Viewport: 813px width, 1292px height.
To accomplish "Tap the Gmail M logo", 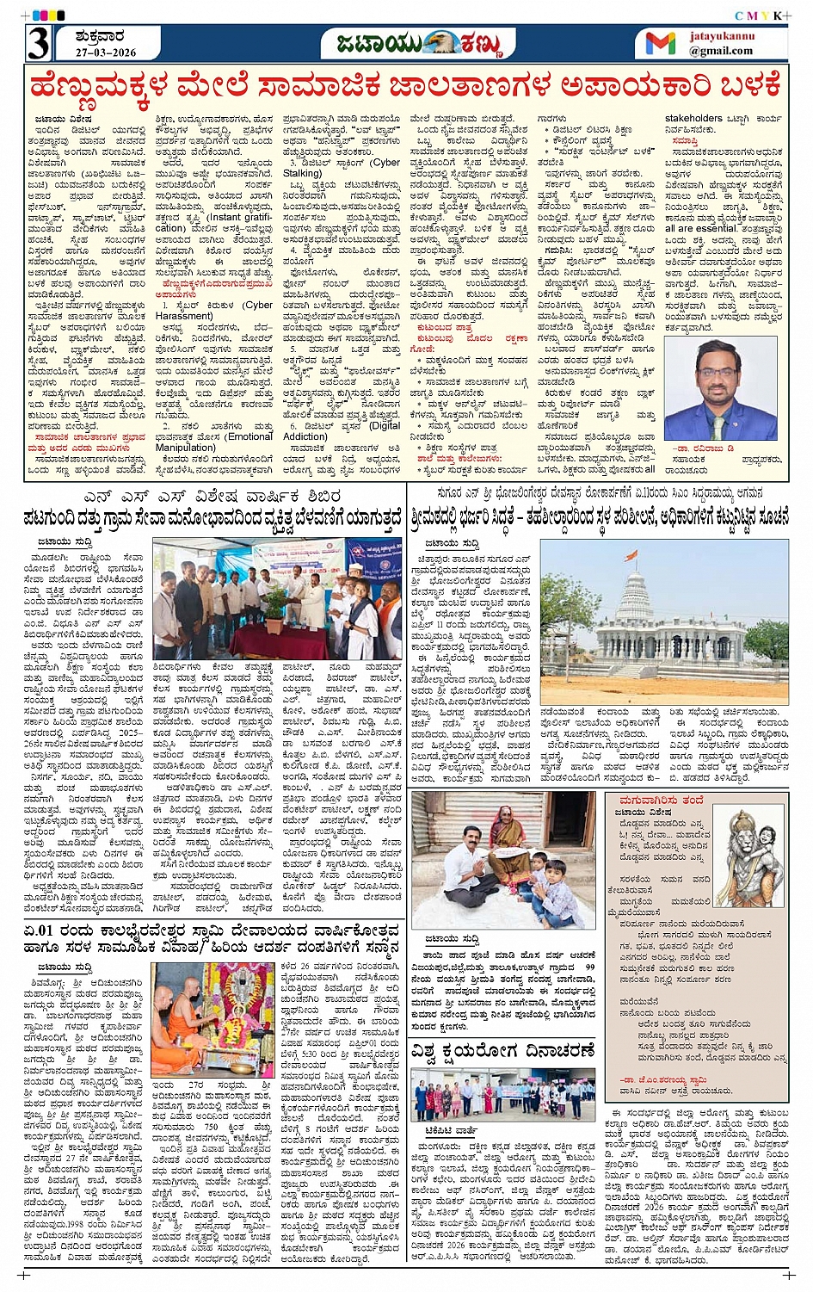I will click(x=660, y=43).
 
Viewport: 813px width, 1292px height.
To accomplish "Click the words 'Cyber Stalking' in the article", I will click(x=379, y=167).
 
